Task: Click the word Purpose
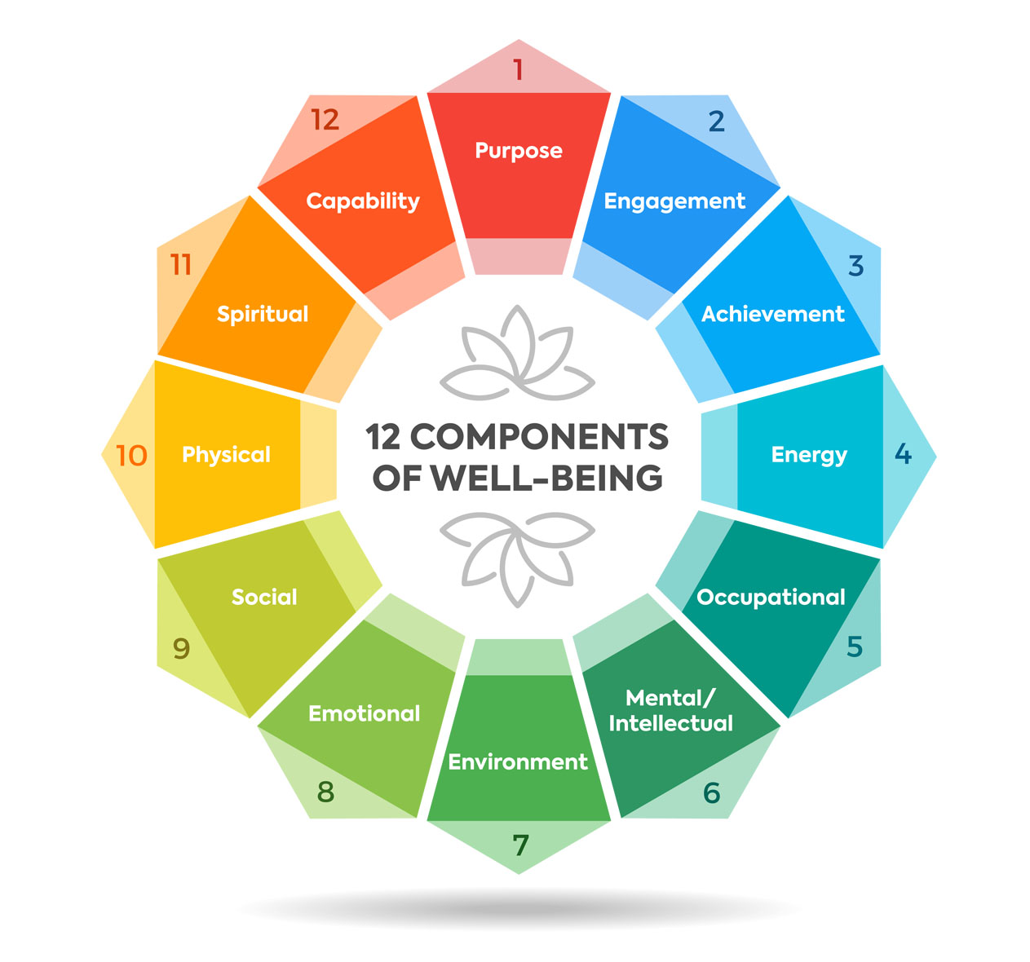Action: tap(519, 151)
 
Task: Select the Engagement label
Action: tap(674, 201)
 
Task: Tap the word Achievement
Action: tap(773, 314)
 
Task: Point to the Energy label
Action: tap(809, 456)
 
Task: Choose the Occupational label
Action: tap(771, 598)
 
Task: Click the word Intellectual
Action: tap(670, 723)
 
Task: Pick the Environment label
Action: tap(518, 761)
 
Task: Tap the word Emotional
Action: tap(364, 713)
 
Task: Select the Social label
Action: tap(264, 597)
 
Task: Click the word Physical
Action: tap(226, 456)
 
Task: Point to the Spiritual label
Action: tap(263, 315)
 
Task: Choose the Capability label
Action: tap(363, 201)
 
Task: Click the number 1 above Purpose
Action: tap(518, 69)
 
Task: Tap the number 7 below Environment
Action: tap(520, 845)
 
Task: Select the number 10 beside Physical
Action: tap(131, 456)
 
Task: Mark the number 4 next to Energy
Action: tap(903, 454)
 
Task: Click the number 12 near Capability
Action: tap(325, 120)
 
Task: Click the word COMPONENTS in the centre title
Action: tap(539, 437)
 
